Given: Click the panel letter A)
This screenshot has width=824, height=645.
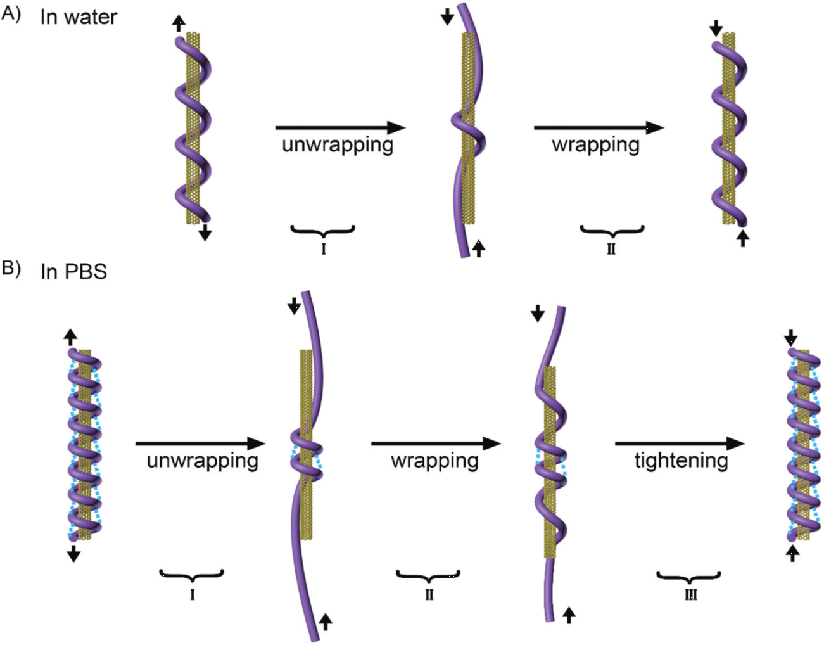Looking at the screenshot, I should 11,14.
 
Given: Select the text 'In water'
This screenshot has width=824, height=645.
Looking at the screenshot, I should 79,17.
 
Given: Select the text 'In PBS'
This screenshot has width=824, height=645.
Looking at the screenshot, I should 73,271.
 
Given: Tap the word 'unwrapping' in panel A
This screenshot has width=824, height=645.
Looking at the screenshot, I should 338,145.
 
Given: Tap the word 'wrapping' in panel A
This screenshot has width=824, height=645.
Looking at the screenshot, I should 595,145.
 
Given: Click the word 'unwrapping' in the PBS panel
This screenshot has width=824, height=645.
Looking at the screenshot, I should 202,461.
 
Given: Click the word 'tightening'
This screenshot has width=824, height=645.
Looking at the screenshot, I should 681,461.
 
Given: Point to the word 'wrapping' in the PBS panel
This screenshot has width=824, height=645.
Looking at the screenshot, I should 434,461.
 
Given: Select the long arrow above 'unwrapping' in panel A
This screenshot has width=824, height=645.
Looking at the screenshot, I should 340,127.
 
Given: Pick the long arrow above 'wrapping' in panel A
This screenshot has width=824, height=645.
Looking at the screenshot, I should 599,127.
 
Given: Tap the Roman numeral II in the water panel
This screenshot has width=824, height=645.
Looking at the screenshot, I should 611,249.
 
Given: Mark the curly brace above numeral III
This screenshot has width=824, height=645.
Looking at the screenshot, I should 688,576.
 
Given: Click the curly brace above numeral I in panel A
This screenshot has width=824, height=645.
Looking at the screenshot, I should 323,230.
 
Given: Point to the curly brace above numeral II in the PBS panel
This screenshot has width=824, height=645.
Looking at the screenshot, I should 428,576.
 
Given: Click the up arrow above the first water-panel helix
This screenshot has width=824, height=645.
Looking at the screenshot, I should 179,23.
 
